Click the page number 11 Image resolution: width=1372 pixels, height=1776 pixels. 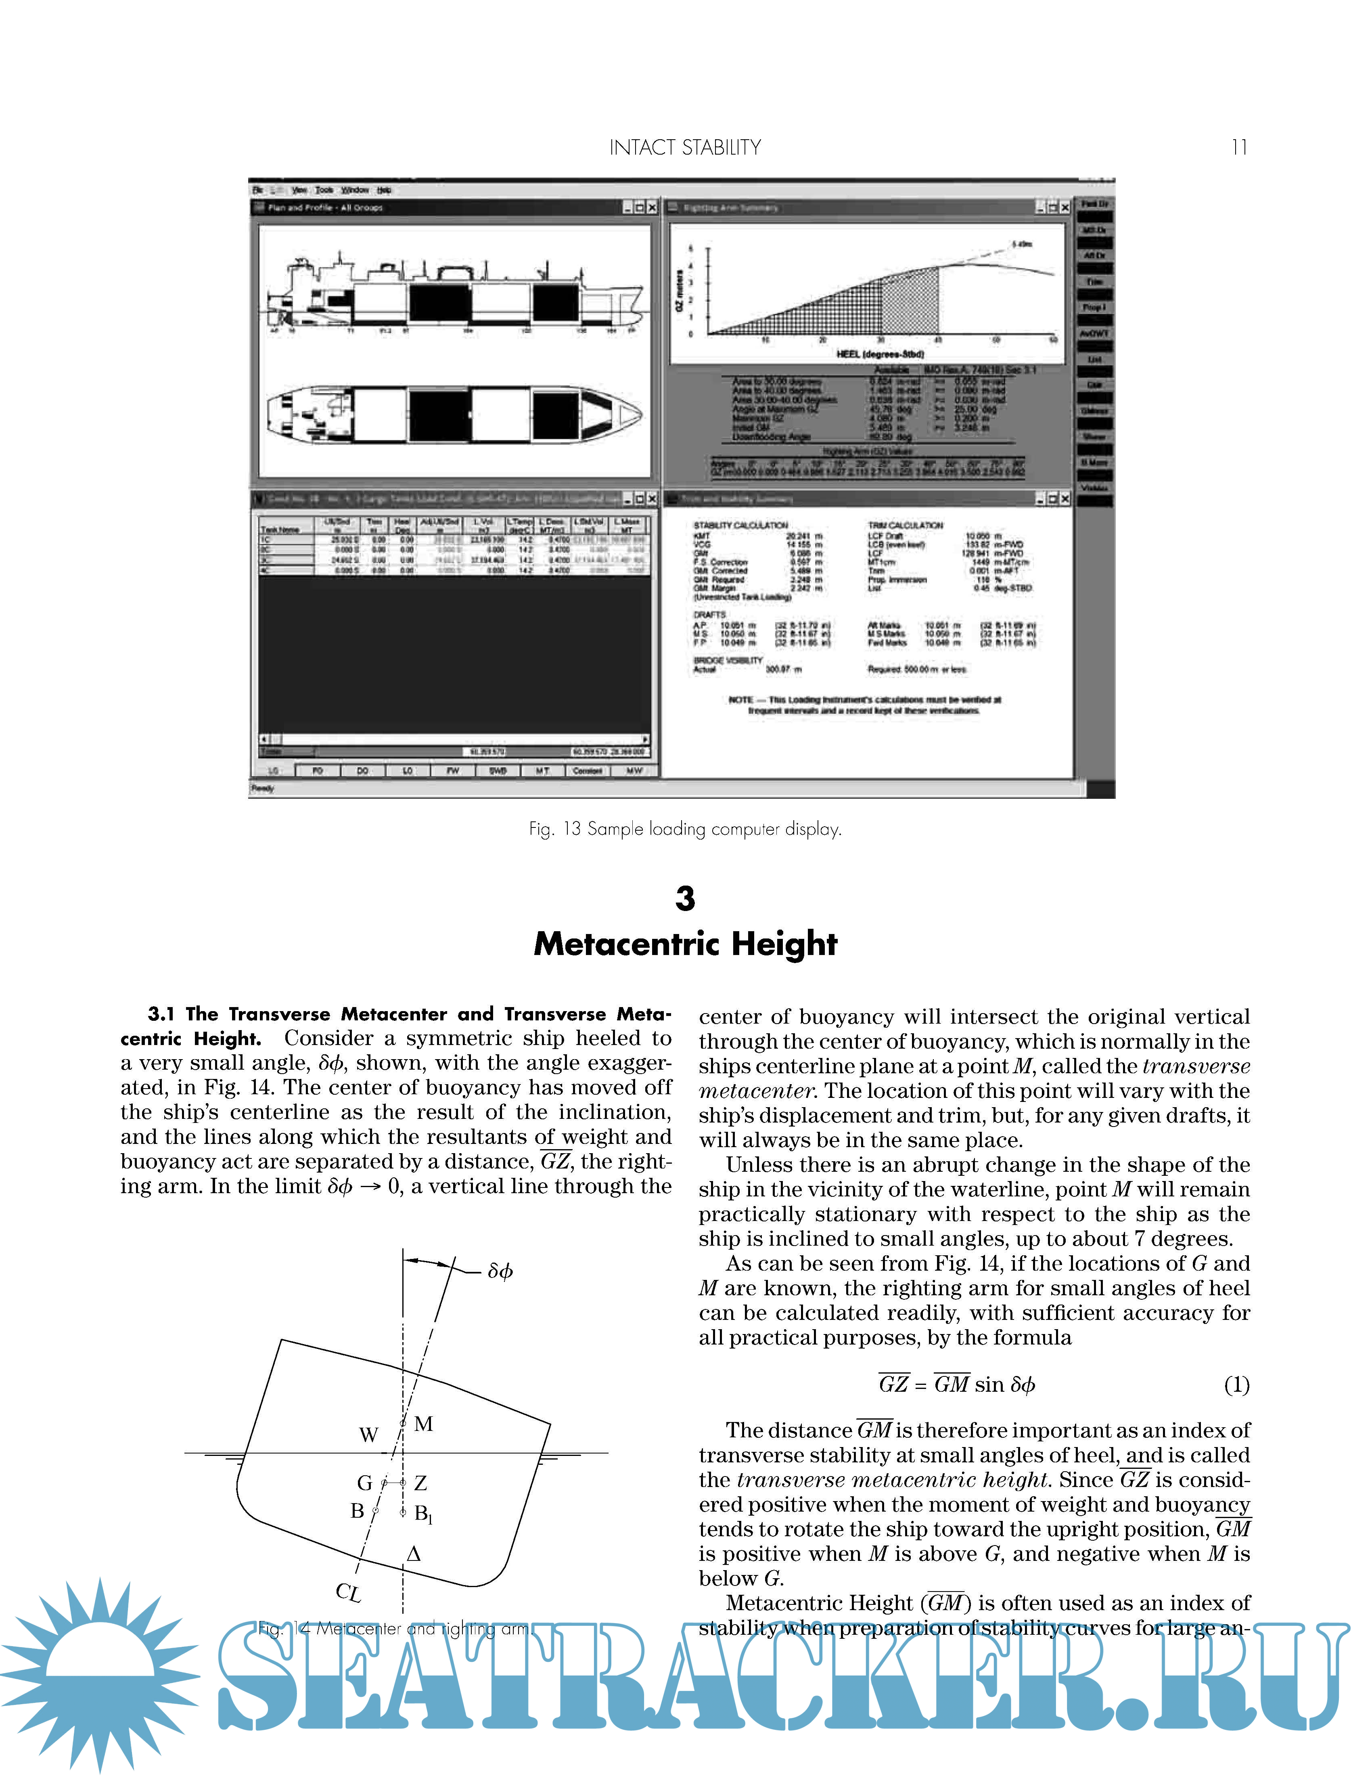coord(1239,147)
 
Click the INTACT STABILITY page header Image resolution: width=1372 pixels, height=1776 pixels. coord(685,147)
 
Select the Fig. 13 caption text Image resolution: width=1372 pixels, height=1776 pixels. coord(685,829)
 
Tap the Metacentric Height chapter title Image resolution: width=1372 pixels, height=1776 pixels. coord(685,943)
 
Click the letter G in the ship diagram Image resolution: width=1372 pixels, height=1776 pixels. coord(365,1483)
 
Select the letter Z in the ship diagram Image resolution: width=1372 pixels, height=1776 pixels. coord(420,1483)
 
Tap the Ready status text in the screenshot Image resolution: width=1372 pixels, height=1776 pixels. coord(263,788)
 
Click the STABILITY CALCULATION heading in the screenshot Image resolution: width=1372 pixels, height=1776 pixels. coord(740,525)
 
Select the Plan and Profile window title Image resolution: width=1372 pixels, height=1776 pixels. coord(325,207)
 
